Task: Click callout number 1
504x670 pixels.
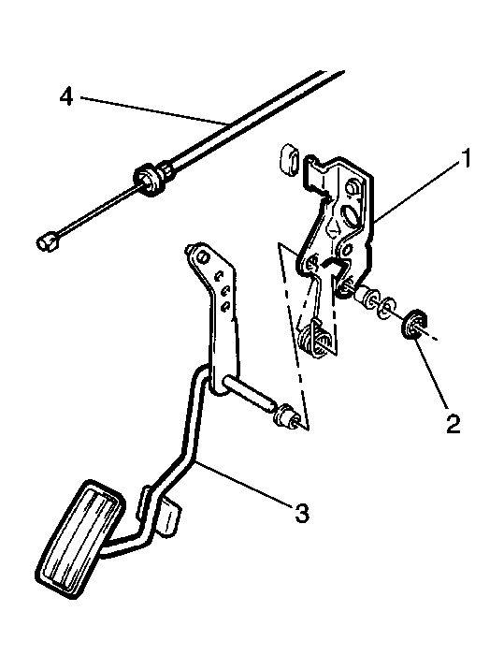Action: pos(465,158)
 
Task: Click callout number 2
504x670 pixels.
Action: pos(454,424)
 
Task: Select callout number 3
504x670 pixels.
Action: pos(301,513)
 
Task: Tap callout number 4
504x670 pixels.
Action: pos(66,96)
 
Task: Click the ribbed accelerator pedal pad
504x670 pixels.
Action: pos(79,536)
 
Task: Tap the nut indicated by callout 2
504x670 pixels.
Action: pos(413,325)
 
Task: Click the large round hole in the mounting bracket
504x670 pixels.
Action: pos(351,214)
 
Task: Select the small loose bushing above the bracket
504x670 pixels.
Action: pos(289,159)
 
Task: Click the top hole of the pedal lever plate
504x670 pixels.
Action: pos(202,256)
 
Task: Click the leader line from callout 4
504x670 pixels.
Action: pos(154,111)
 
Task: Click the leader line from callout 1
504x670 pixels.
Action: pos(416,191)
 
